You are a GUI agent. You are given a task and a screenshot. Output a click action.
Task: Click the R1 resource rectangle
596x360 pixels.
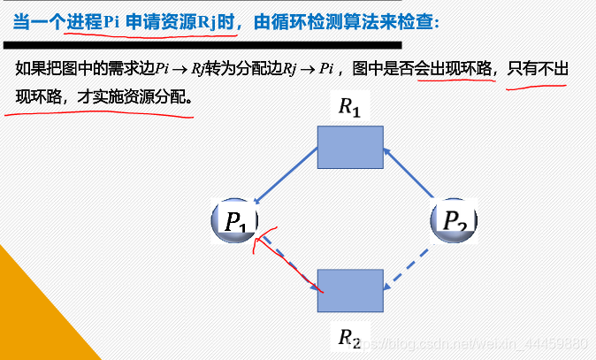pos(350,147)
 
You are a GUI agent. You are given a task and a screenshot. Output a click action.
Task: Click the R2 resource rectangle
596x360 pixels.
pos(350,290)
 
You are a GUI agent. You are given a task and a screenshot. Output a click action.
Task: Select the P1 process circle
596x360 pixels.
pos(234,219)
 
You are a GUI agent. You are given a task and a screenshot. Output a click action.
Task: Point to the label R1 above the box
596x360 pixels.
pos(350,107)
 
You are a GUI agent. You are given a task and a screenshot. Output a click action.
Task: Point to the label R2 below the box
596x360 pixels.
pos(350,337)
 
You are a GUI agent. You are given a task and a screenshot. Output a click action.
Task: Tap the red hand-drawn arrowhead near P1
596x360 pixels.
pos(260,237)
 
